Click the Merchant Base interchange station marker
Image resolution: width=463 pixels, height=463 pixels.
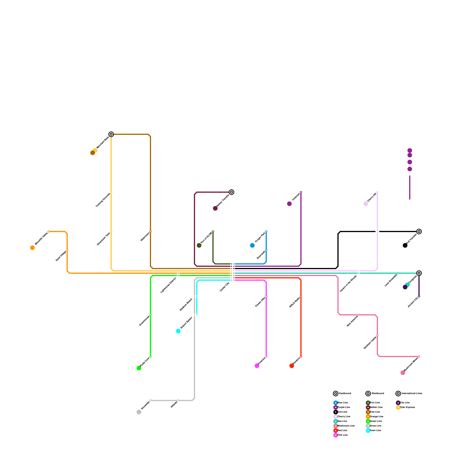click(x=111, y=134)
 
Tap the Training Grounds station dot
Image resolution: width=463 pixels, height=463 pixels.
click(x=111, y=192)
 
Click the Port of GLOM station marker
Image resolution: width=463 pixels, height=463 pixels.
click(x=213, y=231)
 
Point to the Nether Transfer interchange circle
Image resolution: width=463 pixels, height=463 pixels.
click(x=231, y=192)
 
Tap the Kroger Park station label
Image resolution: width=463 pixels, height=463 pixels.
click(x=260, y=238)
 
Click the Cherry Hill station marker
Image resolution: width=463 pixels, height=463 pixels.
click(x=377, y=192)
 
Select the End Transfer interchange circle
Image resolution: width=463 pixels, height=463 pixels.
click(x=419, y=231)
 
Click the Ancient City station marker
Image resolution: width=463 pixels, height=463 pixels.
click(x=419, y=296)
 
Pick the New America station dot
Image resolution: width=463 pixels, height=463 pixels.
click(x=359, y=315)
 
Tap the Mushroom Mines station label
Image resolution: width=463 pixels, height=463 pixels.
click(x=411, y=364)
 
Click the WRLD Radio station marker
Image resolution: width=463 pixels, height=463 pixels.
click(x=301, y=296)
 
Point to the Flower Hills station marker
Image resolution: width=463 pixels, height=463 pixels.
click(x=266, y=296)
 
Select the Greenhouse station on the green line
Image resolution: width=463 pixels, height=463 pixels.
click(x=150, y=315)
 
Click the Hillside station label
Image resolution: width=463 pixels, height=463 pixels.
click(x=174, y=405)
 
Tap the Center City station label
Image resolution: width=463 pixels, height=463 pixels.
click(x=225, y=287)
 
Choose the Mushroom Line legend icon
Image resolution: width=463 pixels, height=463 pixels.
click(x=336, y=426)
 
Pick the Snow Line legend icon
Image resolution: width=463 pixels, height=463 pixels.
click(x=368, y=426)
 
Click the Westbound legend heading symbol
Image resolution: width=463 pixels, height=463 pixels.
click(x=368, y=394)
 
